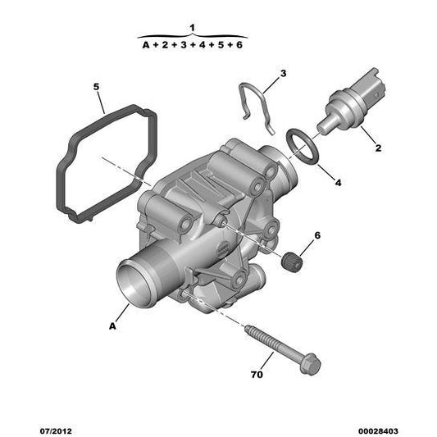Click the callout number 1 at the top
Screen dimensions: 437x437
(192, 28)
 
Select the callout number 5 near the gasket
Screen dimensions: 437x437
(96, 87)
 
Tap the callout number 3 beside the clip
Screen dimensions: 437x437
(283, 74)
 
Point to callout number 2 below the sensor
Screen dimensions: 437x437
(378, 148)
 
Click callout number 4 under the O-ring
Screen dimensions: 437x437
(338, 183)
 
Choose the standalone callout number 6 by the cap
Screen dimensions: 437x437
(317, 235)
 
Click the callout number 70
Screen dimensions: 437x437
(257, 375)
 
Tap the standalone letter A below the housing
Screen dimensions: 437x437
(112, 326)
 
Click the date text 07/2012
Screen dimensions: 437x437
(56, 431)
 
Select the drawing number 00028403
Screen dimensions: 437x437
(378, 431)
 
